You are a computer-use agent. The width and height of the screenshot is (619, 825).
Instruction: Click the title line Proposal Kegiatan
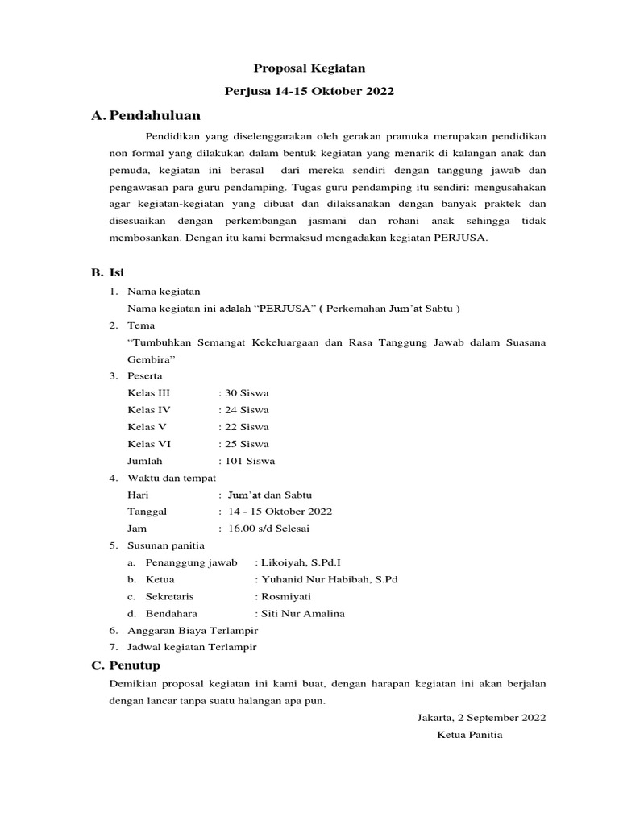coord(310,69)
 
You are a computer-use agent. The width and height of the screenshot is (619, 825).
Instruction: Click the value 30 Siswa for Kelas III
coord(246,393)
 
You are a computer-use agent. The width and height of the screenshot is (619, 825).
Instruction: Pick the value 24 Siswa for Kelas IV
coord(246,410)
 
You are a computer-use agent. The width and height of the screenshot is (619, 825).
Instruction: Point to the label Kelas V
coord(147,427)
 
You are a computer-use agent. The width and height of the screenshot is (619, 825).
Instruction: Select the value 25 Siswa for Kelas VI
coord(246,444)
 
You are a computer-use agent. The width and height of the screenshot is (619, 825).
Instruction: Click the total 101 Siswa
coord(249,461)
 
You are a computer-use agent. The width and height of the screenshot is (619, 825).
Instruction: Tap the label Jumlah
coord(145,461)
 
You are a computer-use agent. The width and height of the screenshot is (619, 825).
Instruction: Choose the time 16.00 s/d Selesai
coord(268,529)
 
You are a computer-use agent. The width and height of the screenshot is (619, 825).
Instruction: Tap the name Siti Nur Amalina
coord(301,613)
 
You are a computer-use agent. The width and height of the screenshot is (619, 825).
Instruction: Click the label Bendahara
coord(171,613)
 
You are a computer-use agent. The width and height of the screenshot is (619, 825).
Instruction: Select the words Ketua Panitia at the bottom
coord(470,734)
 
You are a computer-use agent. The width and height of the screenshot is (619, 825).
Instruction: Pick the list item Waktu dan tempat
coord(172,478)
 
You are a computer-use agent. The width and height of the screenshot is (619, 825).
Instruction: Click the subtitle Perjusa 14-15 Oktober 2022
coord(310,92)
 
